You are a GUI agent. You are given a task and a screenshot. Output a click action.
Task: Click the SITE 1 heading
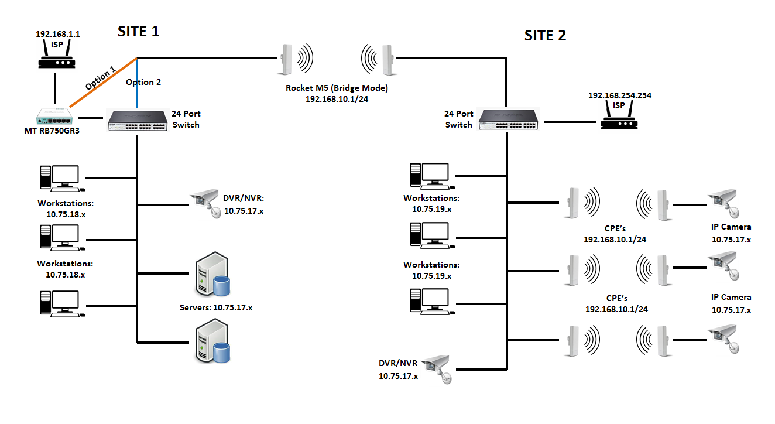point(139,31)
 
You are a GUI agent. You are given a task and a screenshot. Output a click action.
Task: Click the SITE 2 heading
point(544,35)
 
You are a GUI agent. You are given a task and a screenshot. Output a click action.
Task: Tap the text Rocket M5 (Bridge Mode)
point(337,88)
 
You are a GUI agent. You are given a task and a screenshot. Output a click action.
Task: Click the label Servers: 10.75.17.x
point(216,307)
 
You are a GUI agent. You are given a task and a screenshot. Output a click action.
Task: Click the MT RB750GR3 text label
point(52,131)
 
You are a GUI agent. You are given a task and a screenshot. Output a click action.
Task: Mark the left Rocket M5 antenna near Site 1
point(286,59)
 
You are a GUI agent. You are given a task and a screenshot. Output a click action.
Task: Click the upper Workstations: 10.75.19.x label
point(431,203)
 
